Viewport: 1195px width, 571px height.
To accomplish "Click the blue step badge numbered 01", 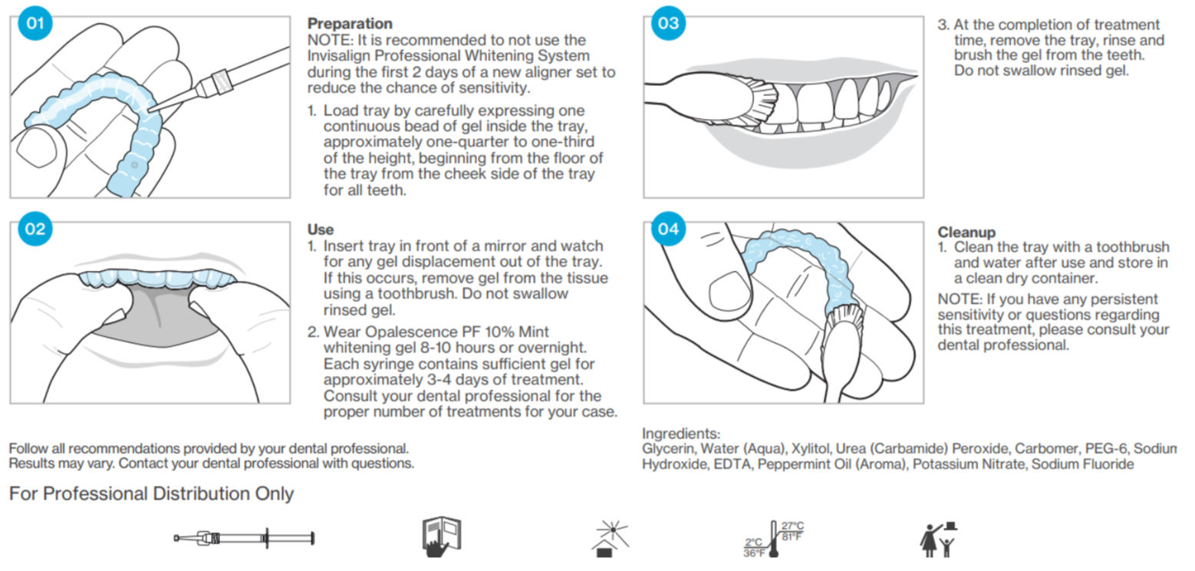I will point(35,23).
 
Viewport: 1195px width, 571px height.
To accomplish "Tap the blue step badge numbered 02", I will point(35,229).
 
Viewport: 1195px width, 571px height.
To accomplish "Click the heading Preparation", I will point(350,24).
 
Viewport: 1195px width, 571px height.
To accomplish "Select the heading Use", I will point(320,229).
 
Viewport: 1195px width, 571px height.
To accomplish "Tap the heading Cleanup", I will point(965,231).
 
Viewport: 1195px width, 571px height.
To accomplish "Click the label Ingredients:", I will point(681,434).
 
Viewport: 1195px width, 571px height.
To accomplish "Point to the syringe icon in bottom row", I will point(244,537).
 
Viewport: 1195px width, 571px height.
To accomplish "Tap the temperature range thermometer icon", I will point(772,538).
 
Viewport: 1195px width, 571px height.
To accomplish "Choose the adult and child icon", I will point(940,539).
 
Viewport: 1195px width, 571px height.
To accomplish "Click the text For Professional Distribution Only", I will point(151,493).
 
